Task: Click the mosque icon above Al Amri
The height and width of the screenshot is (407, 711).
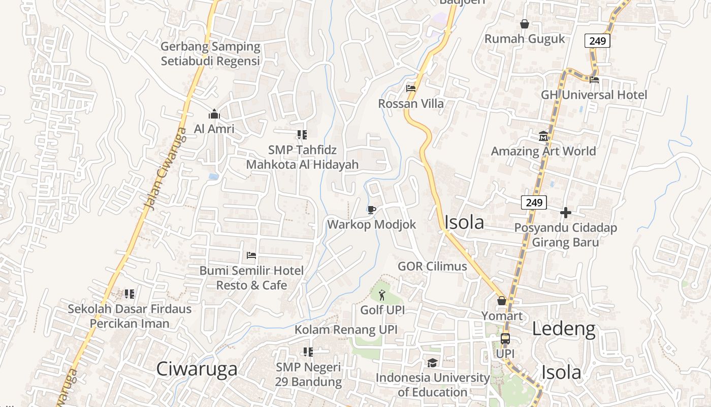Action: (214, 114)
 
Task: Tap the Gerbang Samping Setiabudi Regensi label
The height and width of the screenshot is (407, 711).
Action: (210, 54)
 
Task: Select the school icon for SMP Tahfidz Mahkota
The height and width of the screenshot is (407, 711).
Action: (302, 135)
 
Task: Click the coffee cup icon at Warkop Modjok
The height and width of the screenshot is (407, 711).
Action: (372, 210)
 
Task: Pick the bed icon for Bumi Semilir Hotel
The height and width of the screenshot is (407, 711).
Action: (251, 255)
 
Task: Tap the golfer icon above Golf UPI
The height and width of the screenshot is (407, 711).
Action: (382, 295)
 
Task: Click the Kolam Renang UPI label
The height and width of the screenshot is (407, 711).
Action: (346, 330)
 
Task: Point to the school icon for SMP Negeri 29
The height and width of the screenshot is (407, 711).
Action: (308, 352)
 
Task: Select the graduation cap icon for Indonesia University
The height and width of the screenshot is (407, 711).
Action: (432, 363)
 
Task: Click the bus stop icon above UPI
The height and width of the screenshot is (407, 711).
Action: (505, 338)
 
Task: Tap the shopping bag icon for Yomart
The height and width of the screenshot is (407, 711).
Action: (502, 301)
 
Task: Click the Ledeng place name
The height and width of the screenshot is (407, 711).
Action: (563, 329)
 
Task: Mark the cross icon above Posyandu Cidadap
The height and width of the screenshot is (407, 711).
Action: (566, 213)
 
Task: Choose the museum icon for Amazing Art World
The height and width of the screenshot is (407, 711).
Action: (543, 136)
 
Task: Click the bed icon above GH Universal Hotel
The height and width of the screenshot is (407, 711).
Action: (594, 79)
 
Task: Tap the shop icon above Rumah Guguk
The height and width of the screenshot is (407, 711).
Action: (525, 24)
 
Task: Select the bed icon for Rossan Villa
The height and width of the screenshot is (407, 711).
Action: (411, 89)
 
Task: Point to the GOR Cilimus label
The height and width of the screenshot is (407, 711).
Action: (432, 266)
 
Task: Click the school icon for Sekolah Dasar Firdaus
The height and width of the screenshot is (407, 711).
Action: (130, 294)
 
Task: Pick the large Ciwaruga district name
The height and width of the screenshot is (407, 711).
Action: (197, 369)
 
